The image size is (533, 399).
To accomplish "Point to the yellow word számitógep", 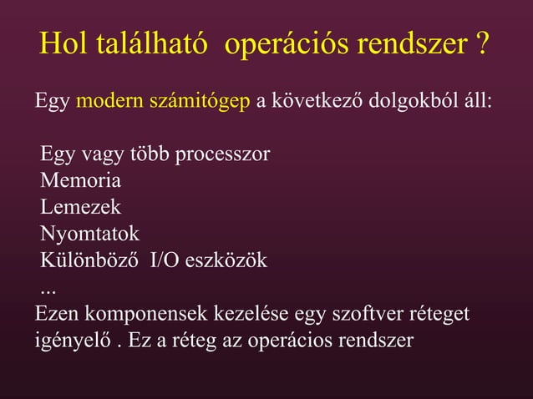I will point(200,104).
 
